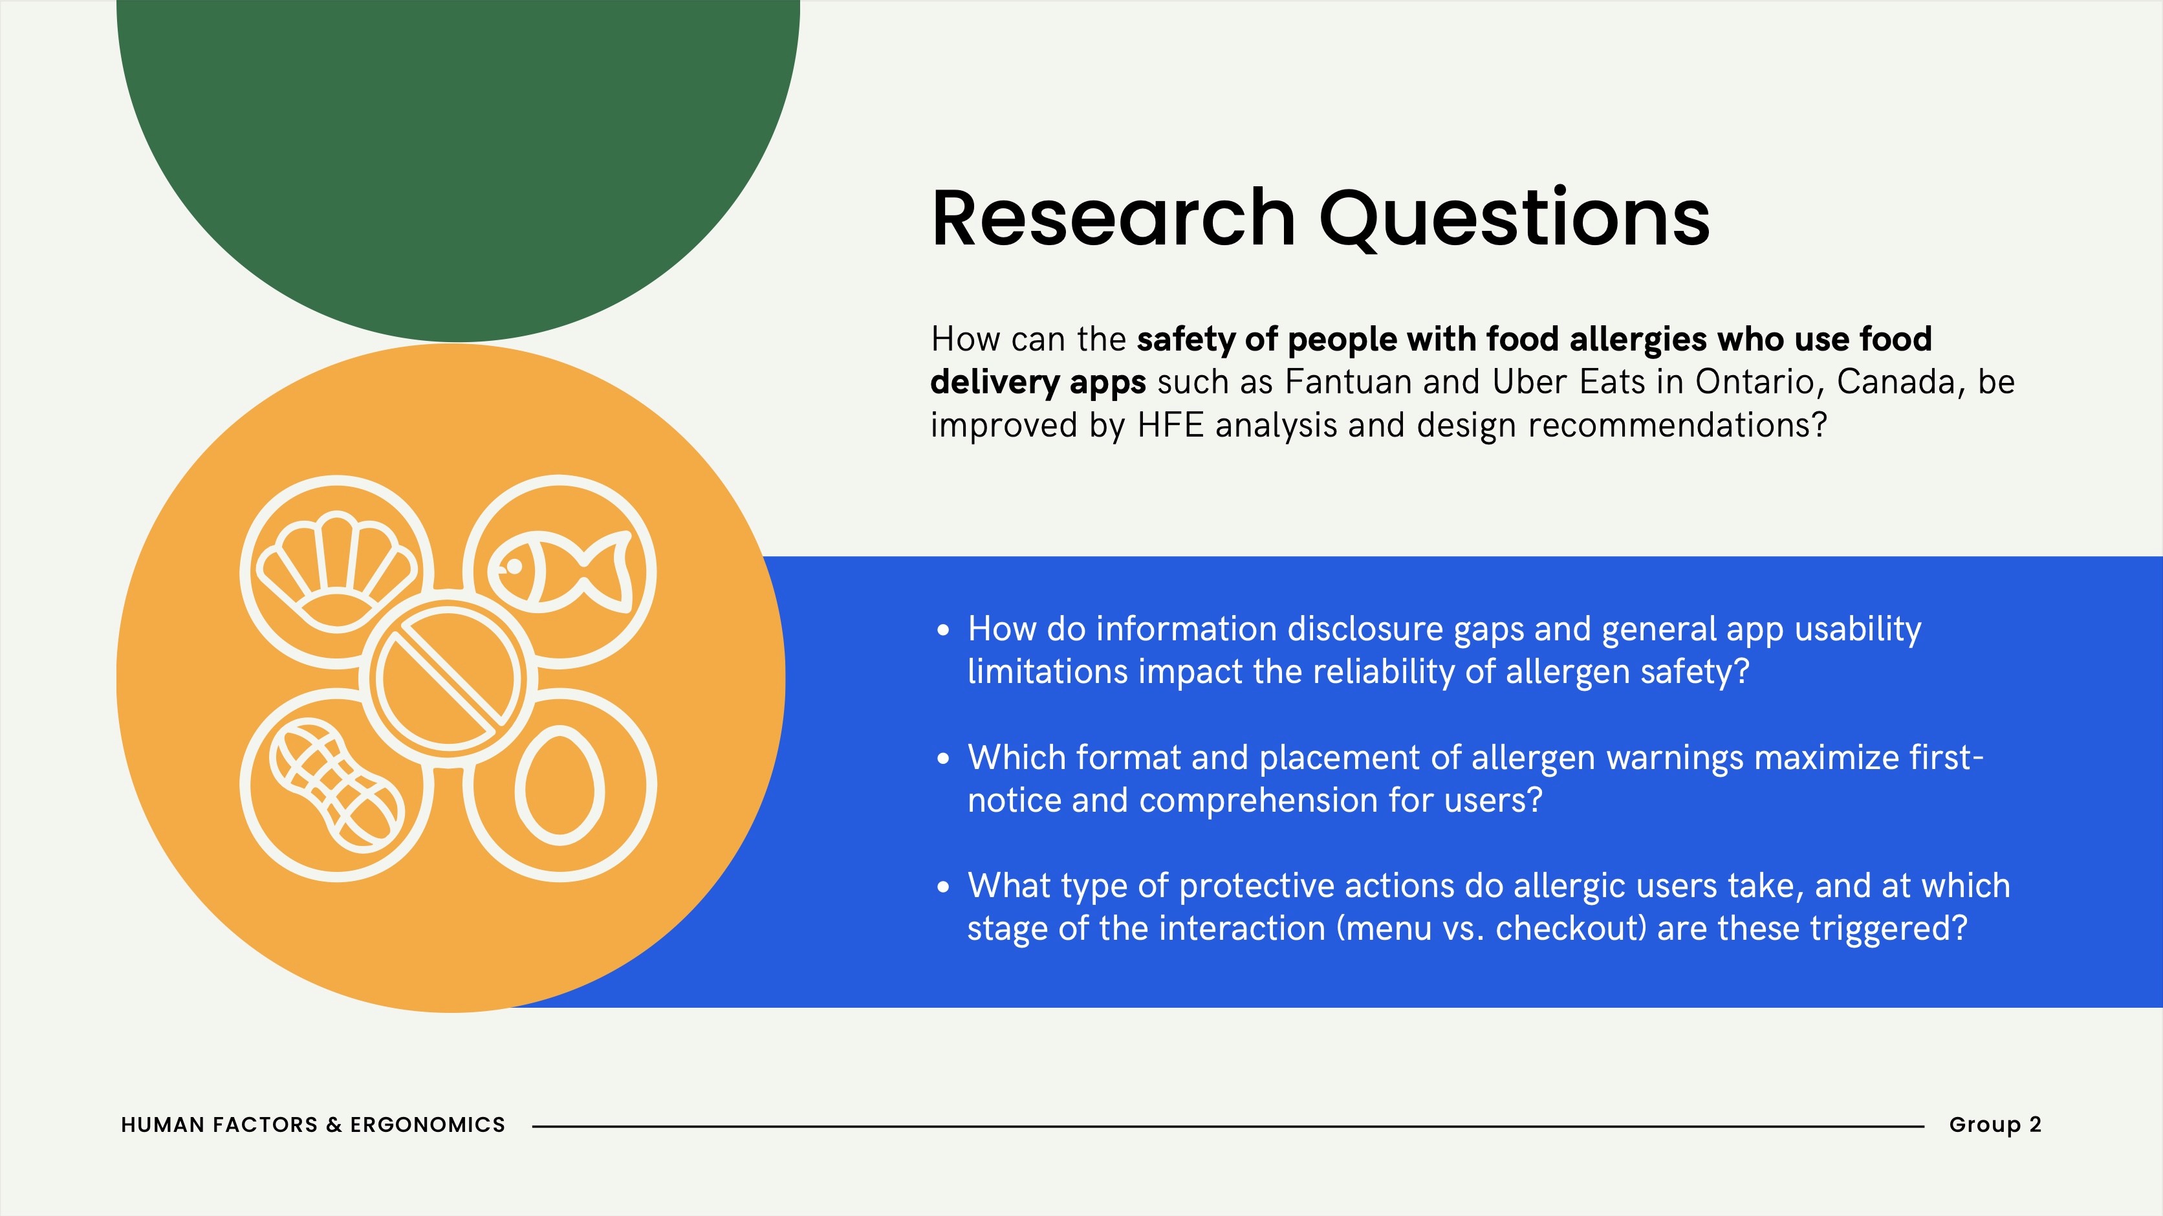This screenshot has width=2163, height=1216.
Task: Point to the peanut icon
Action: pyautogui.click(x=336, y=785)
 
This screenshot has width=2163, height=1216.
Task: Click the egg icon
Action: pyautogui.click(x=560, y=785)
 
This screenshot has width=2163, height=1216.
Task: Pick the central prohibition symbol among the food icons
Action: pyautogui.click(x=448, y=678)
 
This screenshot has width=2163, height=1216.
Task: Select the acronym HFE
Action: pyautogui.click(x=1171, y=425)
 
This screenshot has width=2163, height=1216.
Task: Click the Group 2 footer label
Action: pyautogui.click(x=1995, y=1124)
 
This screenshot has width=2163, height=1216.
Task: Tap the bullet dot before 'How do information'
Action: pyautogui.click(x=943, y=630)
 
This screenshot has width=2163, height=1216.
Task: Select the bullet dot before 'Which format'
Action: pyautogui.click(x=943, y=758)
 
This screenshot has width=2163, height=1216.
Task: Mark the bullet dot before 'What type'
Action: pyautogui.click(x=943, y=887)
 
